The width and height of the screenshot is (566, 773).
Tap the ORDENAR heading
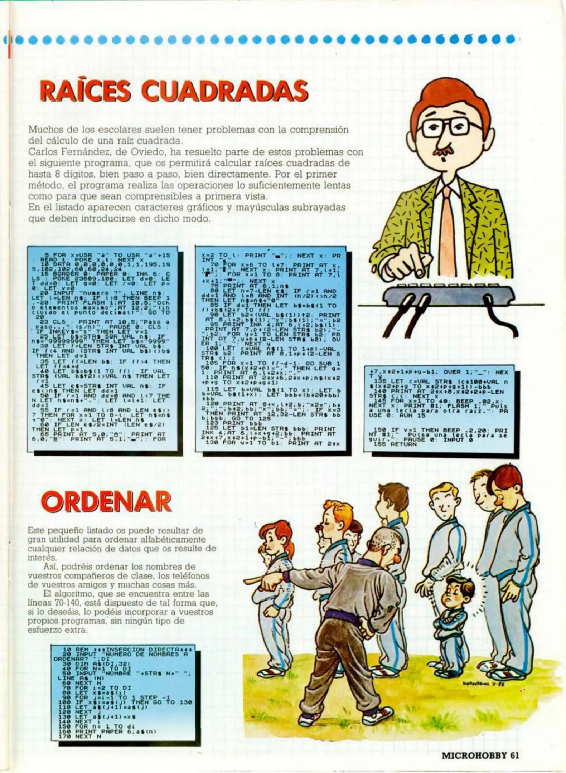tap(107, 502)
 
